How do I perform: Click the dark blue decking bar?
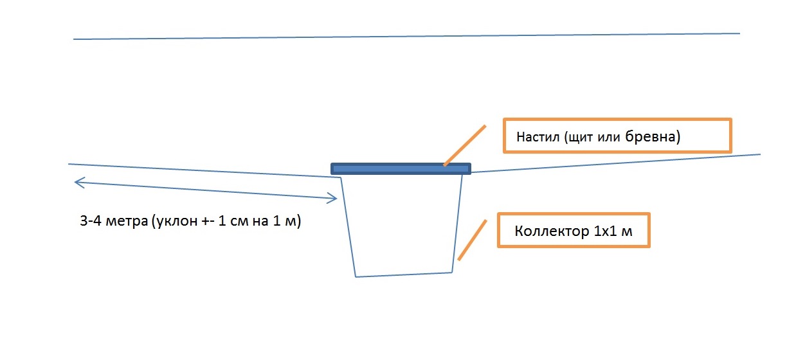(401, 168)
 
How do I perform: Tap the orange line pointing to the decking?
(464, 145)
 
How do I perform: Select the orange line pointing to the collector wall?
(471, 239)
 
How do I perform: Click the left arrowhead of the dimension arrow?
(78, 183)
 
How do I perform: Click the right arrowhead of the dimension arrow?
(334, 198)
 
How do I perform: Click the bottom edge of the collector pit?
(404, 274)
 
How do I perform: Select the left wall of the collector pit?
(348, 225)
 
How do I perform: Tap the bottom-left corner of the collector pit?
(356, 276)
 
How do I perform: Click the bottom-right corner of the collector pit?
(452, 272)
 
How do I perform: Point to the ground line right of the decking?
(611, 163)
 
